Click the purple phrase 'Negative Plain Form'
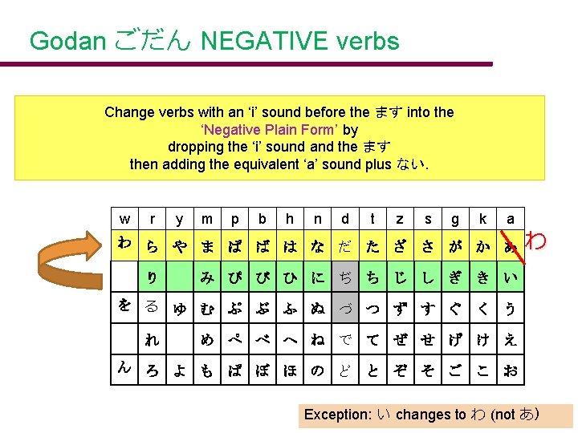[269, 130]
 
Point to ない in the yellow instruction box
[409, 165]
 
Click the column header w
[124, 219]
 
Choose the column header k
[482, 219]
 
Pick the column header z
[400, 219]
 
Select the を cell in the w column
[124, 306]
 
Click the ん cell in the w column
[124, 367]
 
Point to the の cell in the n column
[317, 370]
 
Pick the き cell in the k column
[482, 277]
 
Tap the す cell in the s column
[428, 308]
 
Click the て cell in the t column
[372, 339]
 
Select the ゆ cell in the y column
[180, 308]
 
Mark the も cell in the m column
[207, 370]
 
